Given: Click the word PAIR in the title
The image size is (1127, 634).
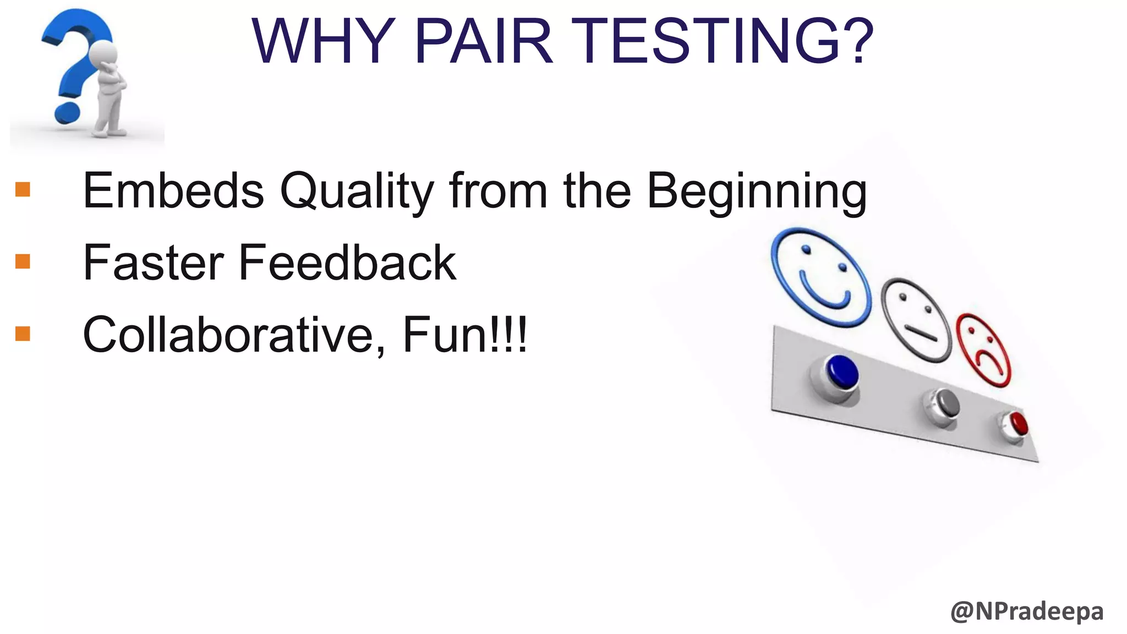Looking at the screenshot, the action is click(483, 42).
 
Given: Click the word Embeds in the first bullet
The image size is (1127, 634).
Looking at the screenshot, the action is click(173, 191).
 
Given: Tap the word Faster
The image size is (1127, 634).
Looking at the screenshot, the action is click(153, 263).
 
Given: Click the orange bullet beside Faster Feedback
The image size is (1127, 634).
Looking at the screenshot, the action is click(23, 261).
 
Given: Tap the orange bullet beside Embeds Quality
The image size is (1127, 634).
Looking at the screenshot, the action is click(23, 189).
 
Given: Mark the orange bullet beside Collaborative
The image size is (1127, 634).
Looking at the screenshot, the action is click(23, 334).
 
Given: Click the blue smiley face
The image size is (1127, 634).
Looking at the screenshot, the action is click(820, 278).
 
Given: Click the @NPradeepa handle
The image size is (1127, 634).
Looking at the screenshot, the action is click(1026, 611).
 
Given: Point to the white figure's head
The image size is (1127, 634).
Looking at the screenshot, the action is click(103, 53).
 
